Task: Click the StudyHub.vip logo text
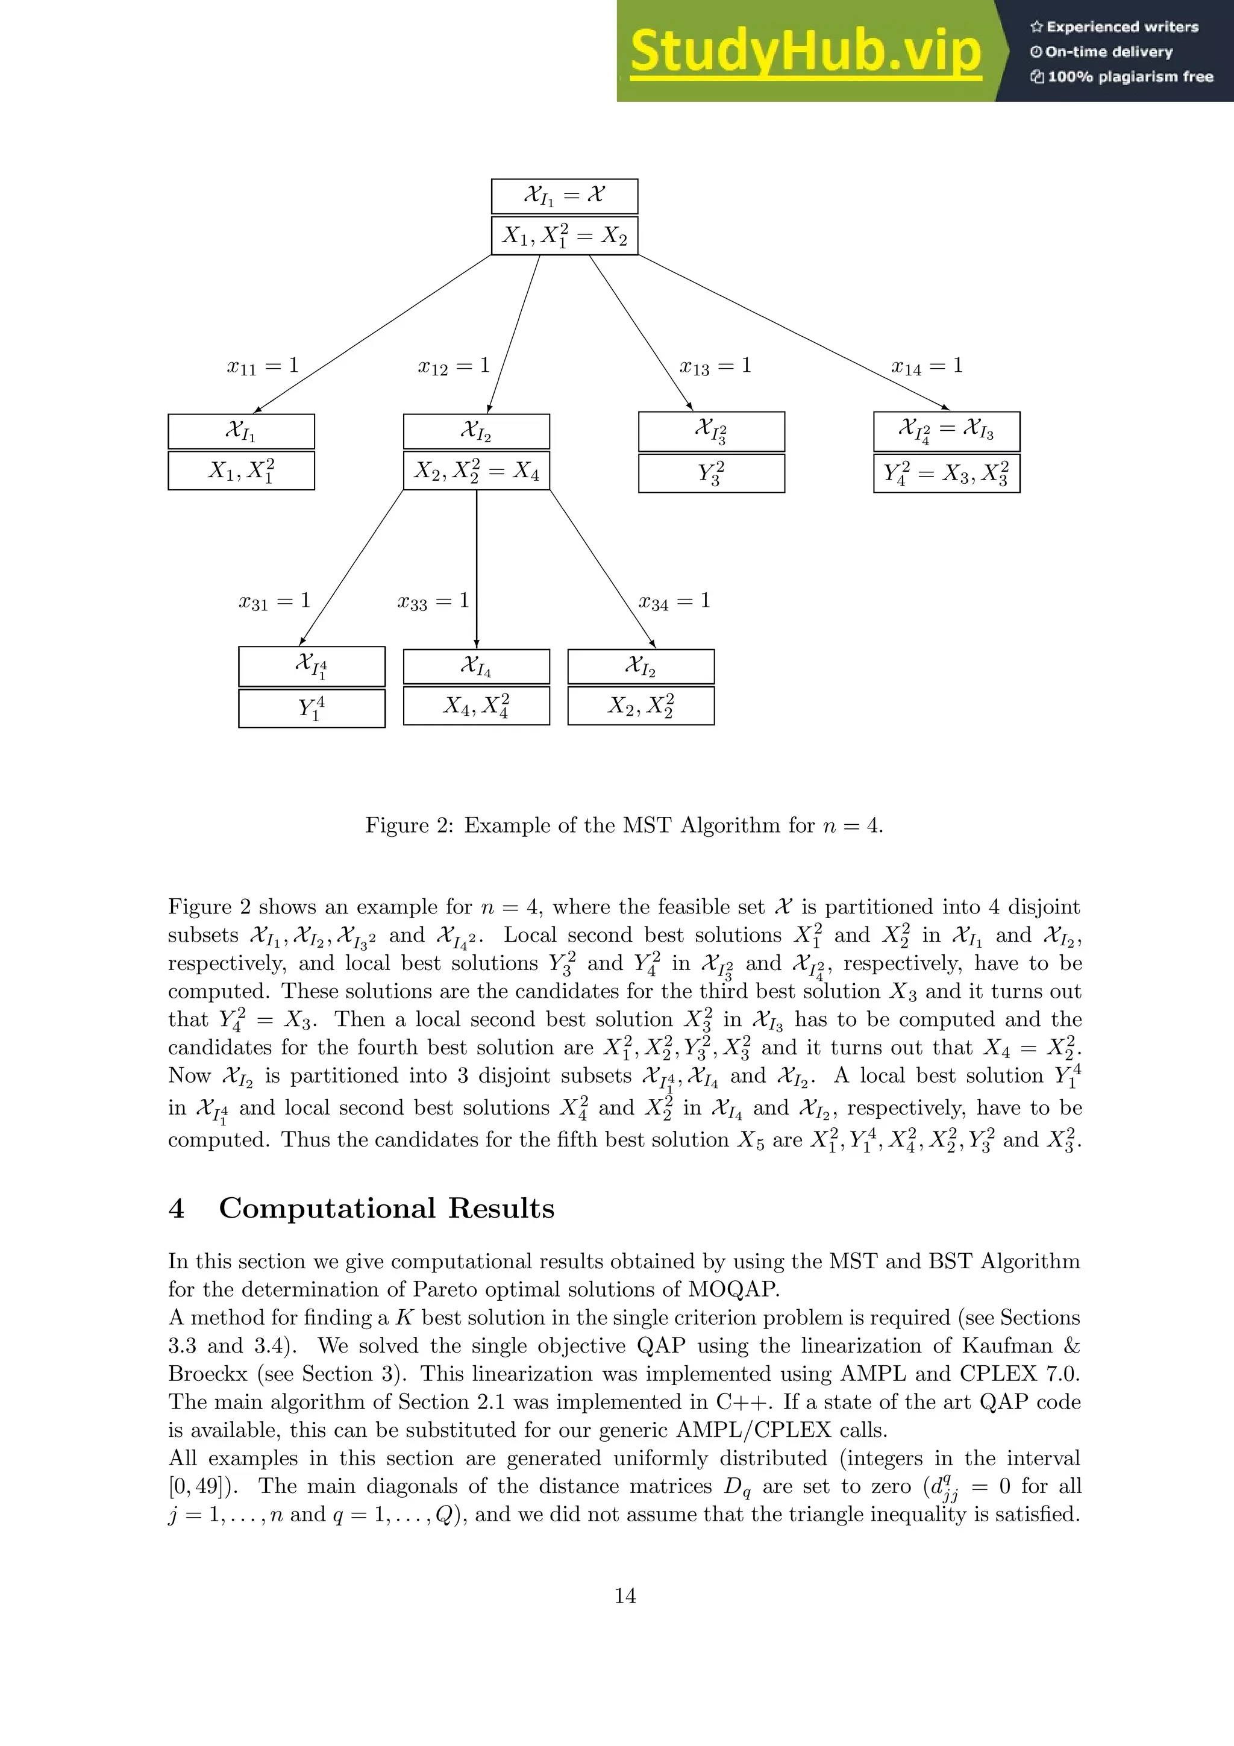[x=805, y=52]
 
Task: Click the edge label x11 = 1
[x=262, y=366]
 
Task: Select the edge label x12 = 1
[x=454, y=366]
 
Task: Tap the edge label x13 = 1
[x=715, y=366]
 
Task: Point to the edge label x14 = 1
[x=927, y=366]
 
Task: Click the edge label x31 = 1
[x=275, y=601]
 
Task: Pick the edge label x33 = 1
[x=433, y=601]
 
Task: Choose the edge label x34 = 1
[x=674, y=601]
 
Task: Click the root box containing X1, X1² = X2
[x=564, y=236]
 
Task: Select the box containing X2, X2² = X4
[x=476, y=471]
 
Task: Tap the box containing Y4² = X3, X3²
[x=947, y=473]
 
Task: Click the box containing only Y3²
[x=711, y=473]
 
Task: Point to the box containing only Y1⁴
[x=312, y=708]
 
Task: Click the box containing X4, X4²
[x=476, y=706]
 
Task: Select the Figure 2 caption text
[x=624, y=825]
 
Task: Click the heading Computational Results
[x=386, y=1207]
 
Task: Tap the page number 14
[x=625, y=1595]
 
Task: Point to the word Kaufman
[x=1007, y=1346]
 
